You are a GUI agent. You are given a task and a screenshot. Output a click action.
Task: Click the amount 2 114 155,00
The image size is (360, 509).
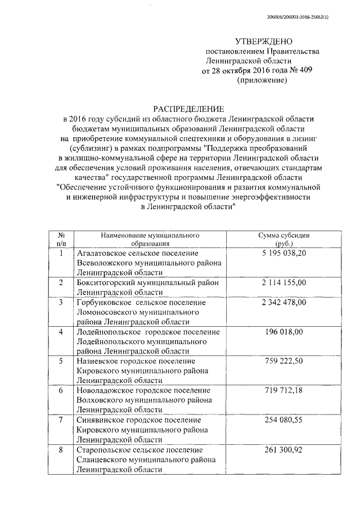284,282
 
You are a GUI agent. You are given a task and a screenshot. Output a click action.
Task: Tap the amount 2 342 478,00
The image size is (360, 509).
284,303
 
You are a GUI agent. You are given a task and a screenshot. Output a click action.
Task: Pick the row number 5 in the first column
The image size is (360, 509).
61,361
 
